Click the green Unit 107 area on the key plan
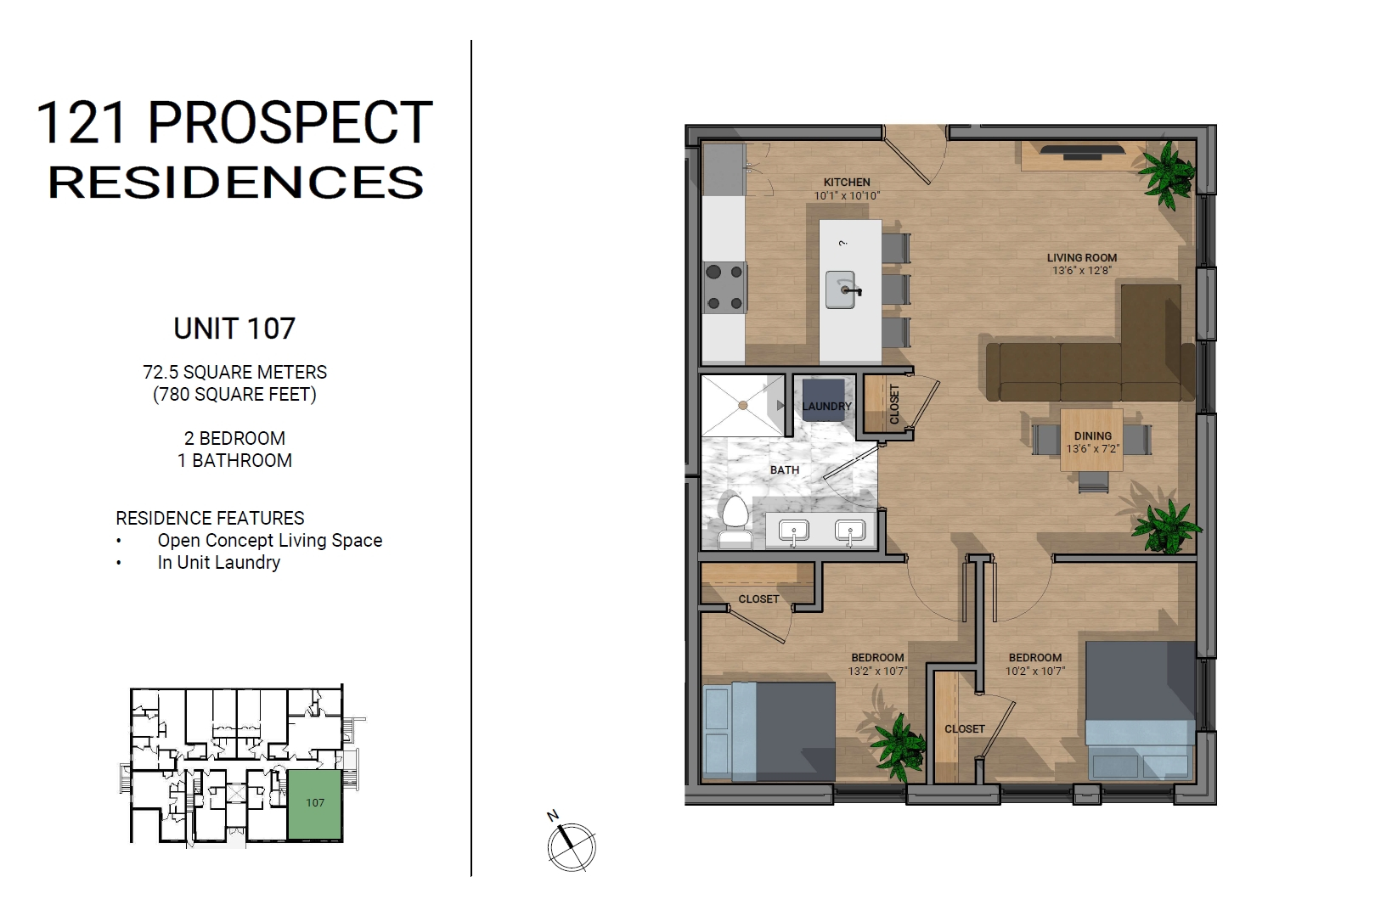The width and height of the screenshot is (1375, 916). [315, 804]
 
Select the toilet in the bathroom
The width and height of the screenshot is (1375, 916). [735, 522]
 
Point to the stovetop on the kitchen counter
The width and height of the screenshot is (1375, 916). [725, 287]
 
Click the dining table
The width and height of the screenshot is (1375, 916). [1092, 440]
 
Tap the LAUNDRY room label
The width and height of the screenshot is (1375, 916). [826, 406]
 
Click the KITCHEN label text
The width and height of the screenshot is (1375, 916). [847, 183]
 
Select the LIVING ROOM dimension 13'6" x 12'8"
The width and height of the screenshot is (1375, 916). [1082, 271]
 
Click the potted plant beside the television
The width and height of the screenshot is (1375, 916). [1168, 173]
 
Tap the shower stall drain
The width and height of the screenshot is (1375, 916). [743, 406]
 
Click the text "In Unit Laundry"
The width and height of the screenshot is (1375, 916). [218, 562]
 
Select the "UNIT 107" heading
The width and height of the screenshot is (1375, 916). [234, 329]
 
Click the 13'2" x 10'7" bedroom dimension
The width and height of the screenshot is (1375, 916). [877, 672]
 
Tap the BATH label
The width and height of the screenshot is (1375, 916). [785, 470]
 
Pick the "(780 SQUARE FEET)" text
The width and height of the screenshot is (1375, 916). [234, 394]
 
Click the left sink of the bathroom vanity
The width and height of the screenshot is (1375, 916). [793, 531]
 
